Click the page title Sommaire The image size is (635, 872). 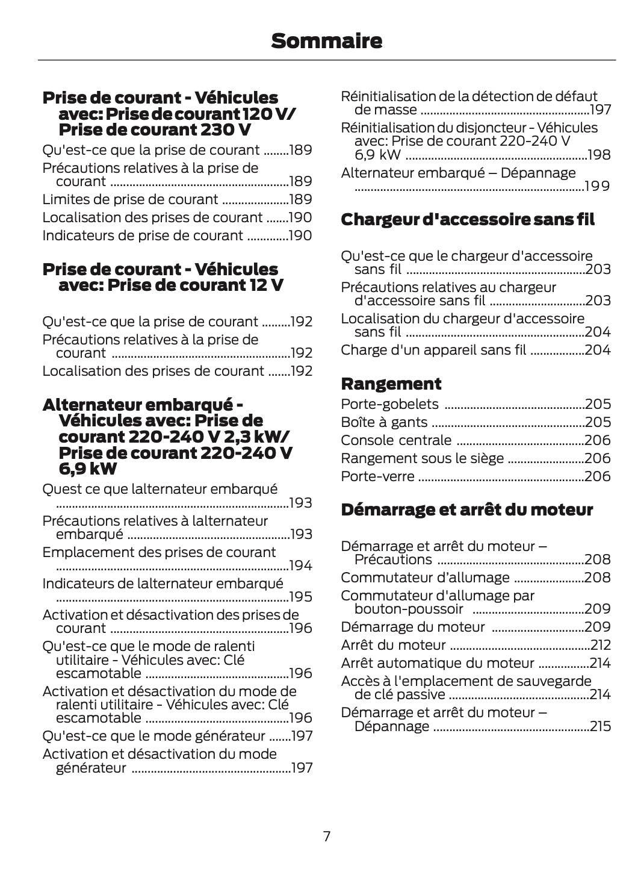point(326,41)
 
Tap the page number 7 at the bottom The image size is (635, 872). point(326,836)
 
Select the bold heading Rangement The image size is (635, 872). point(391,384)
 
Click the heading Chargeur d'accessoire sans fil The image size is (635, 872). point(467,220)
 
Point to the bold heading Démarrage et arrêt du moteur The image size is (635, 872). point(466,509)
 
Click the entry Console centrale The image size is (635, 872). point(396,440)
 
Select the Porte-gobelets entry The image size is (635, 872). point(389,404)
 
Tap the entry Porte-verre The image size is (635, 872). point(377,476)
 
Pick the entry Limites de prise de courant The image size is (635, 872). point(130,199)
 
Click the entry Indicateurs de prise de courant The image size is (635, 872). point(143,235)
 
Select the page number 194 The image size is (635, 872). point(300,565)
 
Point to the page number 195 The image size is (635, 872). point(300,597)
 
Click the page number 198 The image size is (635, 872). point(599,155)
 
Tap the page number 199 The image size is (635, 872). point(598,186)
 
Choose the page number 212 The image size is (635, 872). point(600,645)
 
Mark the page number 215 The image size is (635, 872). point(600,726)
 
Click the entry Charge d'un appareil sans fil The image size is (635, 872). point(433,350)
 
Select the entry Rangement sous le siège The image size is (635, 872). point(422,458)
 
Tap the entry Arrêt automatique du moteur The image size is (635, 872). point(437,663)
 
